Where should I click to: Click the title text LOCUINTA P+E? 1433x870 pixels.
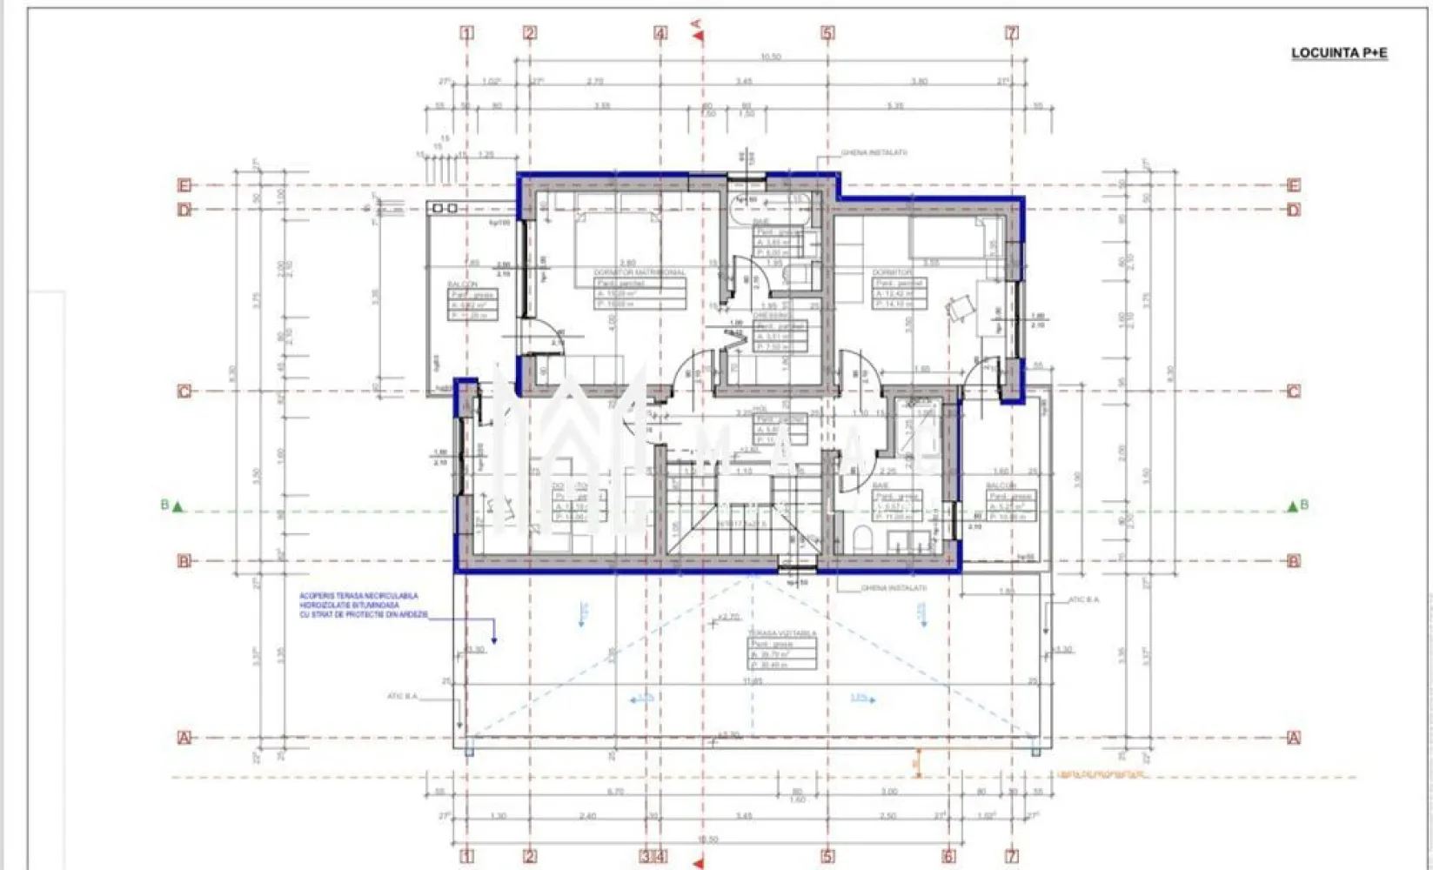tap(1338, 53)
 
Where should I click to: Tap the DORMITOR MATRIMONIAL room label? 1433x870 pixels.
tap(639, 272)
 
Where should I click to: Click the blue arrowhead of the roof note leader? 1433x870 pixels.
tap(494, 641)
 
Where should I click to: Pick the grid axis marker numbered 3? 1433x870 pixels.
tap(646, 856)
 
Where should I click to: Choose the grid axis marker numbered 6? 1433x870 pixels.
tap(948, 856)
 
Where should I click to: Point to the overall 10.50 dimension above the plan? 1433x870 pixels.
tap(770, 57)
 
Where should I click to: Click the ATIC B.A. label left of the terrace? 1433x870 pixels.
tap(402, 696)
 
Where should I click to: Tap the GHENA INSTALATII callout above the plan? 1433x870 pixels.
tap(874, 152)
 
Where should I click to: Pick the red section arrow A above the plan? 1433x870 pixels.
tap(697, 34)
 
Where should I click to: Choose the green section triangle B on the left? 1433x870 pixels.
tap(177, 505)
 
